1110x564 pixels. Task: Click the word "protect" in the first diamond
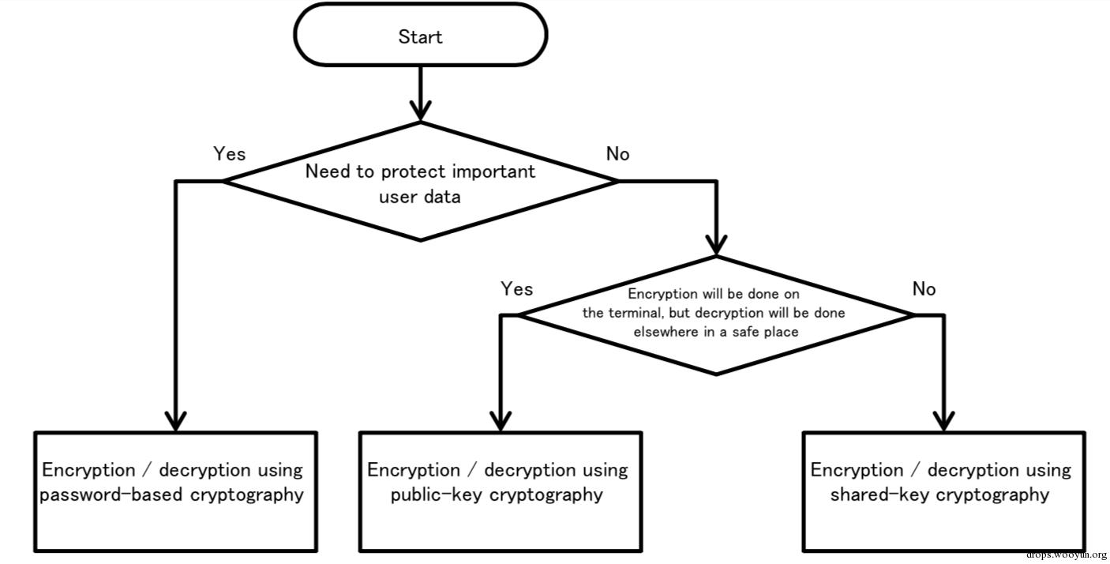click(x=413, y=172)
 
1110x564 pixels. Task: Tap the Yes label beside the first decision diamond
click(x=230, y=153)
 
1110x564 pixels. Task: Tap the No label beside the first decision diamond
click(x=617, y=153)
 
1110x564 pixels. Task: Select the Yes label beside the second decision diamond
click(x=517, y=288)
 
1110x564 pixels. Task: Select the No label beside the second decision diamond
click(x=924, y=288)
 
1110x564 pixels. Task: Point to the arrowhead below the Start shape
click(x=420, y=110)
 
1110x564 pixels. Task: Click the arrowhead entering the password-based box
click(x=176, y=421)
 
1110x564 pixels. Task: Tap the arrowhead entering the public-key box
click(x=501, y=421)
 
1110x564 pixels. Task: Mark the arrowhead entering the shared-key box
click(x=944, y=421)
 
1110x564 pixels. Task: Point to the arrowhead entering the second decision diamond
click(x=716, y=245)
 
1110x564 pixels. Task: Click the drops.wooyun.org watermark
click(x=1067, y=555)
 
